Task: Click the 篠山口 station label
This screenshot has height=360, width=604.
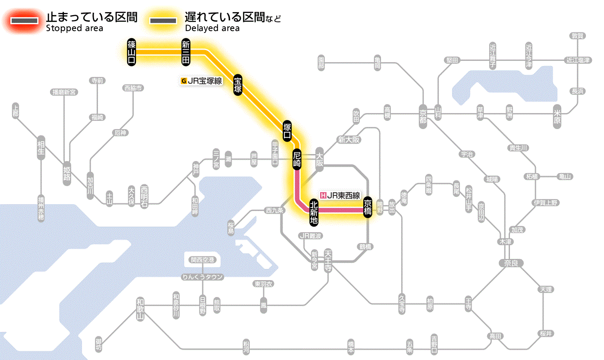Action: point(132,52)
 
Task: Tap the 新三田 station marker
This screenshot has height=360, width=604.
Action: point(186,52)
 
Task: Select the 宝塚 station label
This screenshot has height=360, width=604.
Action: point(238,85)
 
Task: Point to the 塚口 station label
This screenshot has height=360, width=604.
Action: point(287,131)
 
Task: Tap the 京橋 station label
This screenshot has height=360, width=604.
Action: point(368,207)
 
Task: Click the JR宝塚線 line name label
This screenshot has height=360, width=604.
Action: point(201,81)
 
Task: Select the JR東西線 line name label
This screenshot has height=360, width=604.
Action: point(340,195)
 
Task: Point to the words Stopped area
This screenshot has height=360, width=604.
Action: point(75,28)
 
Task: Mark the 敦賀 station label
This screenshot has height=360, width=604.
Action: point(578,36)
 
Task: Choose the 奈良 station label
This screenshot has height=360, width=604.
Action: point(510,263)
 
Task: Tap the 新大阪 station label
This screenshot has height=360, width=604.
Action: point(349,139)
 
